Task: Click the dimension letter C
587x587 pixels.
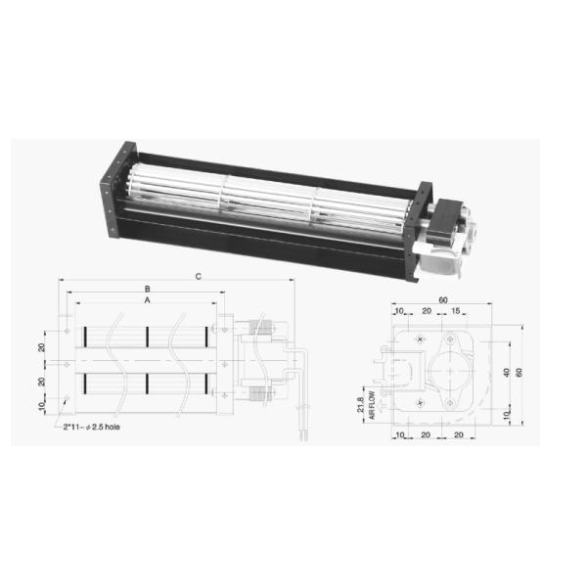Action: pyautogui.click(x=198, y=278)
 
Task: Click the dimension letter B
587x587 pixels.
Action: pyautogui.click(x=147, y=290)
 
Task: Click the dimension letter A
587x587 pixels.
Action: pyautogui.click(x=147, y=301)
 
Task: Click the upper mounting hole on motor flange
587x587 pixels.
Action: pyautogui.click(x=449, y=339)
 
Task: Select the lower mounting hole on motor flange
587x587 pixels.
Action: pyautogui.click(x=449, y=402)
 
